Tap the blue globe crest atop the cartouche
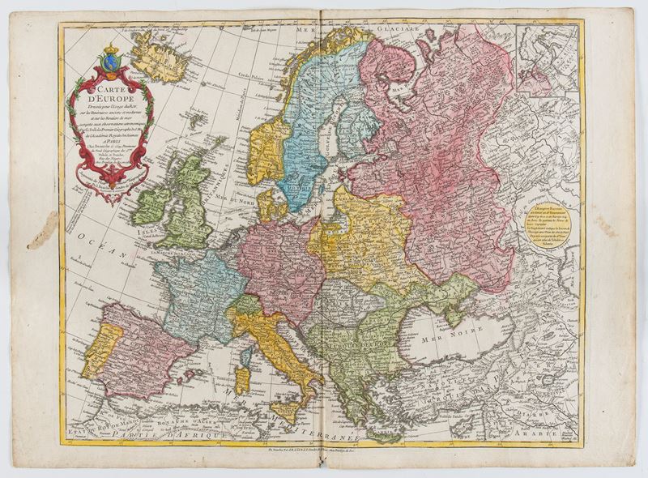point(111,59)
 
